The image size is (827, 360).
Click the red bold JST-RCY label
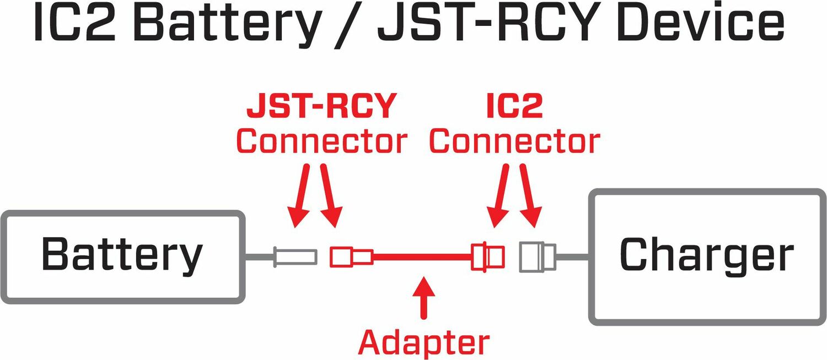pyautogui.click(x=321, y=106)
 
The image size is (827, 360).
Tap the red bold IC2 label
pyautogui.click(x=514, y=106)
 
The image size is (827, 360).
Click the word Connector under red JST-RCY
pyautogui.click(x=321, y=142)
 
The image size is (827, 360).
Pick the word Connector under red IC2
pyautogui.click(x=514, y=142)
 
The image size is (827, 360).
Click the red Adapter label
pyautogui.click(x=423, y=342)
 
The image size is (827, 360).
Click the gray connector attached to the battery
pyautogui.click(x=296, y=256)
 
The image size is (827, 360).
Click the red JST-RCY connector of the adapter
pyautogui.click(x=350, y=256)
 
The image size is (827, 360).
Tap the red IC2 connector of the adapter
pyautogui.click(x=487, y=256)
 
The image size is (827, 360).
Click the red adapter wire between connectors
pyautogui.click(x=422, y=256)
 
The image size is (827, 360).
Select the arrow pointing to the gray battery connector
pyautogui.click(x=300, y=196)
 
